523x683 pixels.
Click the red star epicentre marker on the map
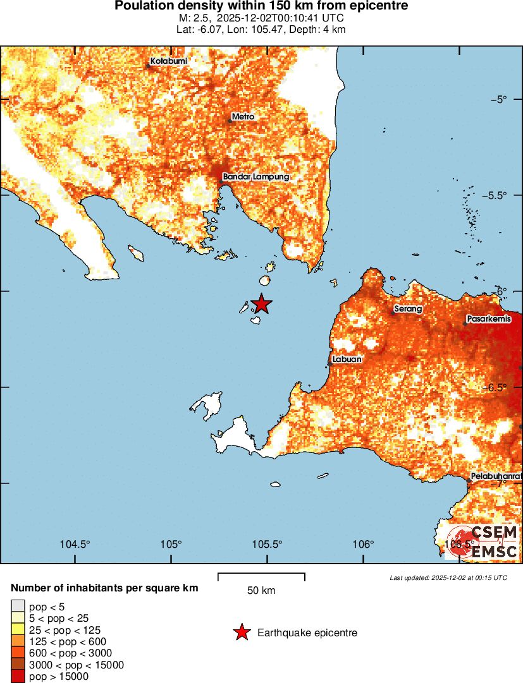tap(261, 304)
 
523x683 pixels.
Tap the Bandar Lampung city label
tap(255, 177)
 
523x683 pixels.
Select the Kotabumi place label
tap(168, 61)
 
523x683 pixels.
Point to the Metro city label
tap(243, 117)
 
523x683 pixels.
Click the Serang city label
tap(408, 310)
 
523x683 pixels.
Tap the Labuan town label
tap(348, 360)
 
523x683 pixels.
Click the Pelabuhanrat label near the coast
tap(496, 476)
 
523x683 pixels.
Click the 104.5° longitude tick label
tap(75, 544)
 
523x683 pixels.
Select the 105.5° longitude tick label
tap(268, 544)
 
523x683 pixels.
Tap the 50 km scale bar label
tap(261, 591)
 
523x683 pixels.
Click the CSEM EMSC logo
tap(484, 542)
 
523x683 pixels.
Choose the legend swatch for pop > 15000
tap(18, 677)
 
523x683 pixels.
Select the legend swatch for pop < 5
tap(18, 607)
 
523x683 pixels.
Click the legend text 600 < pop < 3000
tap(71, 653)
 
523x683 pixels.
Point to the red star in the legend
tap(241, 632)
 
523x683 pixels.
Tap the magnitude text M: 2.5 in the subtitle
tap(196, 18)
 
